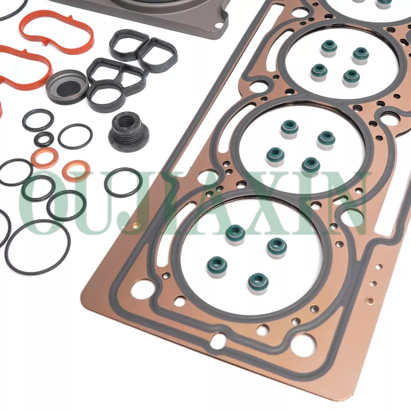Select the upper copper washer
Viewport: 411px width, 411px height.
coord(45,157)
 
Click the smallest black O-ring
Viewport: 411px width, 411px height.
coord(44,139)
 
